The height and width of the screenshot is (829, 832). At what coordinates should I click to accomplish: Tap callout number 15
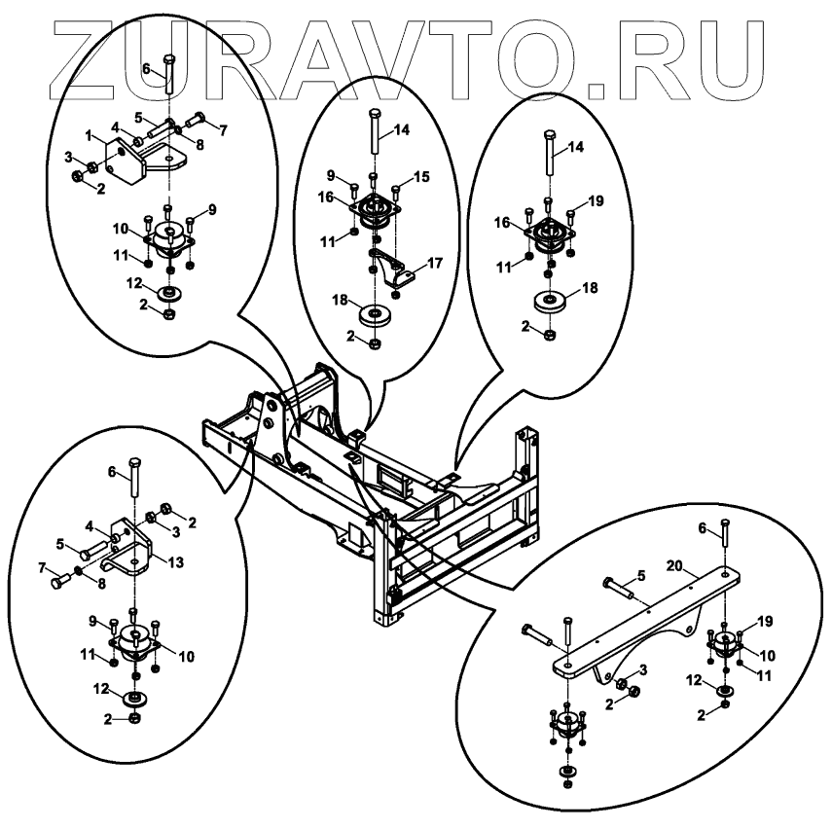tap(420, 176)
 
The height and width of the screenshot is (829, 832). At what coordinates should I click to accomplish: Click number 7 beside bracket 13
tap(41, 565)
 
